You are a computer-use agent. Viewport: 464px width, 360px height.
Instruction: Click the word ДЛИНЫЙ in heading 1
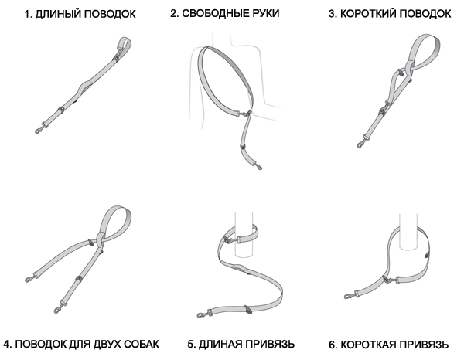point(56,14)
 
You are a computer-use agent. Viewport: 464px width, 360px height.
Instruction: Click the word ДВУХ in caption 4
point(106,344)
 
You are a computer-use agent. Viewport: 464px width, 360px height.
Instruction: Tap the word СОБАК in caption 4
point(142,344)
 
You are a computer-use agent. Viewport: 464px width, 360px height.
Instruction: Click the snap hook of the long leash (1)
point(39,129)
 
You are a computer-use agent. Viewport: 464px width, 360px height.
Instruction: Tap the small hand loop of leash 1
point(125,44)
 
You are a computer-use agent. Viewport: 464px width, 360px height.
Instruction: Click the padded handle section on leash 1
point(86,86)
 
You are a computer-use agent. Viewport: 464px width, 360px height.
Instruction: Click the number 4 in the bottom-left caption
point(8,345)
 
